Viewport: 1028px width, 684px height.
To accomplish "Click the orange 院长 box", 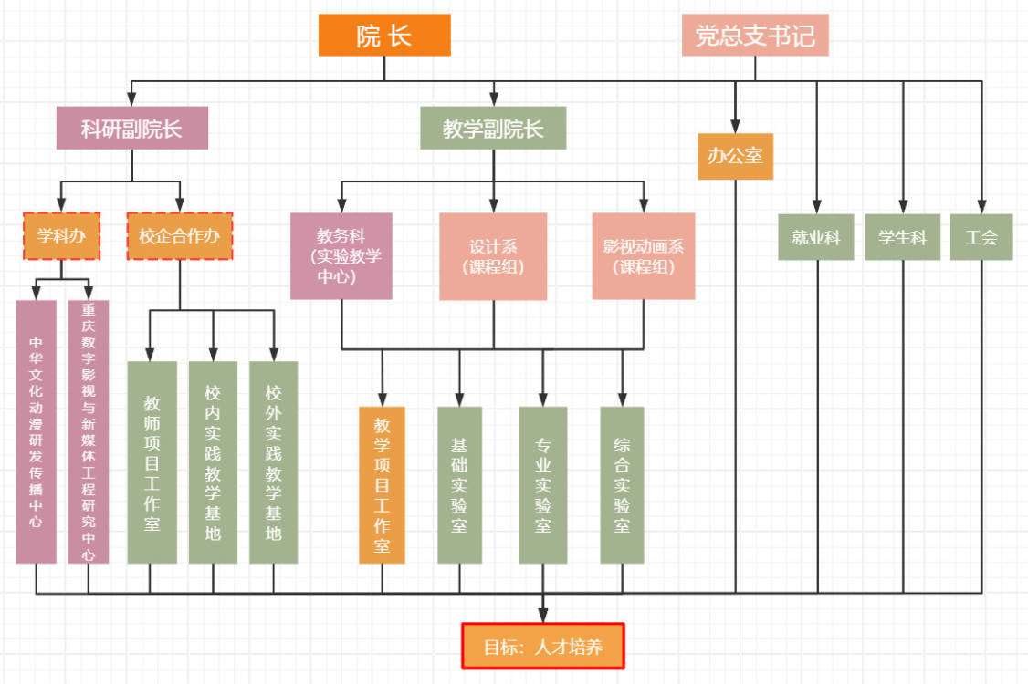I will click(384, 36).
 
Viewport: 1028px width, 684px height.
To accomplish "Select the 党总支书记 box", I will click(755, 36).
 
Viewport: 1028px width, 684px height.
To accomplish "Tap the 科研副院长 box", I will click(132, 129).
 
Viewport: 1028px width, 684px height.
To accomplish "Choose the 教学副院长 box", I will click(493, 129).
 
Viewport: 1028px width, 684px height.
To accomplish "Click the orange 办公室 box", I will click(736, 156).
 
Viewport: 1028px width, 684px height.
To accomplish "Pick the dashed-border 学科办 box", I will click(62, 236).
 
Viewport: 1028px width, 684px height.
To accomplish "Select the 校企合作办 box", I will click(180, 236).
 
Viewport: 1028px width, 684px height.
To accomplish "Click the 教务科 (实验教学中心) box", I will click(341, 256).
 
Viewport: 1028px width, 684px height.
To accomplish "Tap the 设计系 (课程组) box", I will click(493, 256).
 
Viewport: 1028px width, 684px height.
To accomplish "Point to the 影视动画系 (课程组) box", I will click(643, 256).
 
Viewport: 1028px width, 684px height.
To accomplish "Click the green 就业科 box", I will click(816, 237).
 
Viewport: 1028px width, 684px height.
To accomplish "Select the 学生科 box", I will click(902, 237).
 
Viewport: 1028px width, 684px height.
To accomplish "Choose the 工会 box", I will click(981, 237).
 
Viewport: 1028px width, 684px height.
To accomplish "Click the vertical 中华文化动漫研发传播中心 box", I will click(37, 431).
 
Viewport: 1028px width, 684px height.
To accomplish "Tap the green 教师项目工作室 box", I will click(152, 462).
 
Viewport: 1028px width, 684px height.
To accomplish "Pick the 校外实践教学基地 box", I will click(274, 462).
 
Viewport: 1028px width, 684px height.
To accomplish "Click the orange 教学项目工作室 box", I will click(382, 484).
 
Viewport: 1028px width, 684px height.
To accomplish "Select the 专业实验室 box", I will click(543, 484).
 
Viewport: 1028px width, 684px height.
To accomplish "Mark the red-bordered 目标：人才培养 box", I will click(543, 647).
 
